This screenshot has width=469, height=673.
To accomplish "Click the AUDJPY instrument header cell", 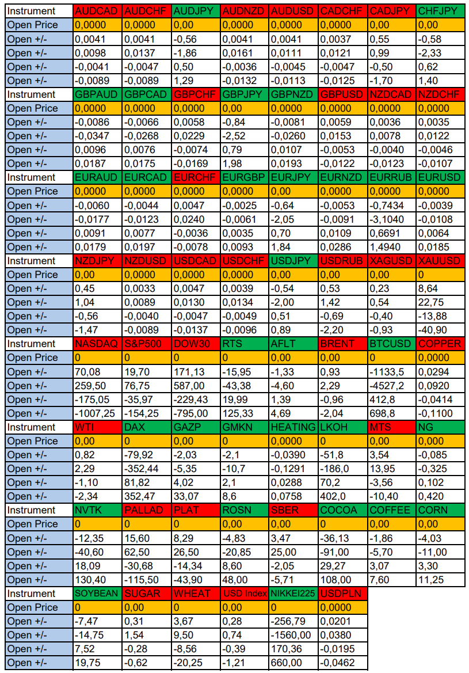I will (x=196, y=11).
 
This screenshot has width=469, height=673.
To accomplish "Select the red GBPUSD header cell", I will (x=343, y=94).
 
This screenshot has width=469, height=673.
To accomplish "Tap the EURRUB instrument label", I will (x=392, y=177).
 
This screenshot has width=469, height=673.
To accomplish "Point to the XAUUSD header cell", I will (x=440, y=261).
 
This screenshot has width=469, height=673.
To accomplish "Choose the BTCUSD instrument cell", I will (x=392, y=344).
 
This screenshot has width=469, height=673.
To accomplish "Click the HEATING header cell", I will (x=293, y=427).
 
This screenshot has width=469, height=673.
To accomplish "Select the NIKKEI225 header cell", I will (x=293, y=594).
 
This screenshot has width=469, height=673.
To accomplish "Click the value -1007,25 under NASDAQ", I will (x=98, y=413).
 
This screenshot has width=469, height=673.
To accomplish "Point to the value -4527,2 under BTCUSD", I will (x=392, y=386).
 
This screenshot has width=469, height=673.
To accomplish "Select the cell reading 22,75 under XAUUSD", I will (x=440, y=302).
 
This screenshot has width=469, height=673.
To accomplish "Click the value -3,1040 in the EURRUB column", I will (x=392, y=219).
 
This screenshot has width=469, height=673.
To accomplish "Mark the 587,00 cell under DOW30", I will (x=196, y=386).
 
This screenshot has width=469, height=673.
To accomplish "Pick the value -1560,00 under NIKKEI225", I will (x=293, y=635).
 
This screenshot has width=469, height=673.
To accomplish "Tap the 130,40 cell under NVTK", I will (x=98, y=580).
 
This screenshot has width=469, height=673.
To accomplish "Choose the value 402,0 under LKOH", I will (x=343, y=496).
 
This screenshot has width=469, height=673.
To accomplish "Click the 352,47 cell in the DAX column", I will (x=147, y=496).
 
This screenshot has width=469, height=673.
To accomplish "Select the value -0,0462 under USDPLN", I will (x=343, y=663).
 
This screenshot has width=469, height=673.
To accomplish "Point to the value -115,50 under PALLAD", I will (x=147, y=580).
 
